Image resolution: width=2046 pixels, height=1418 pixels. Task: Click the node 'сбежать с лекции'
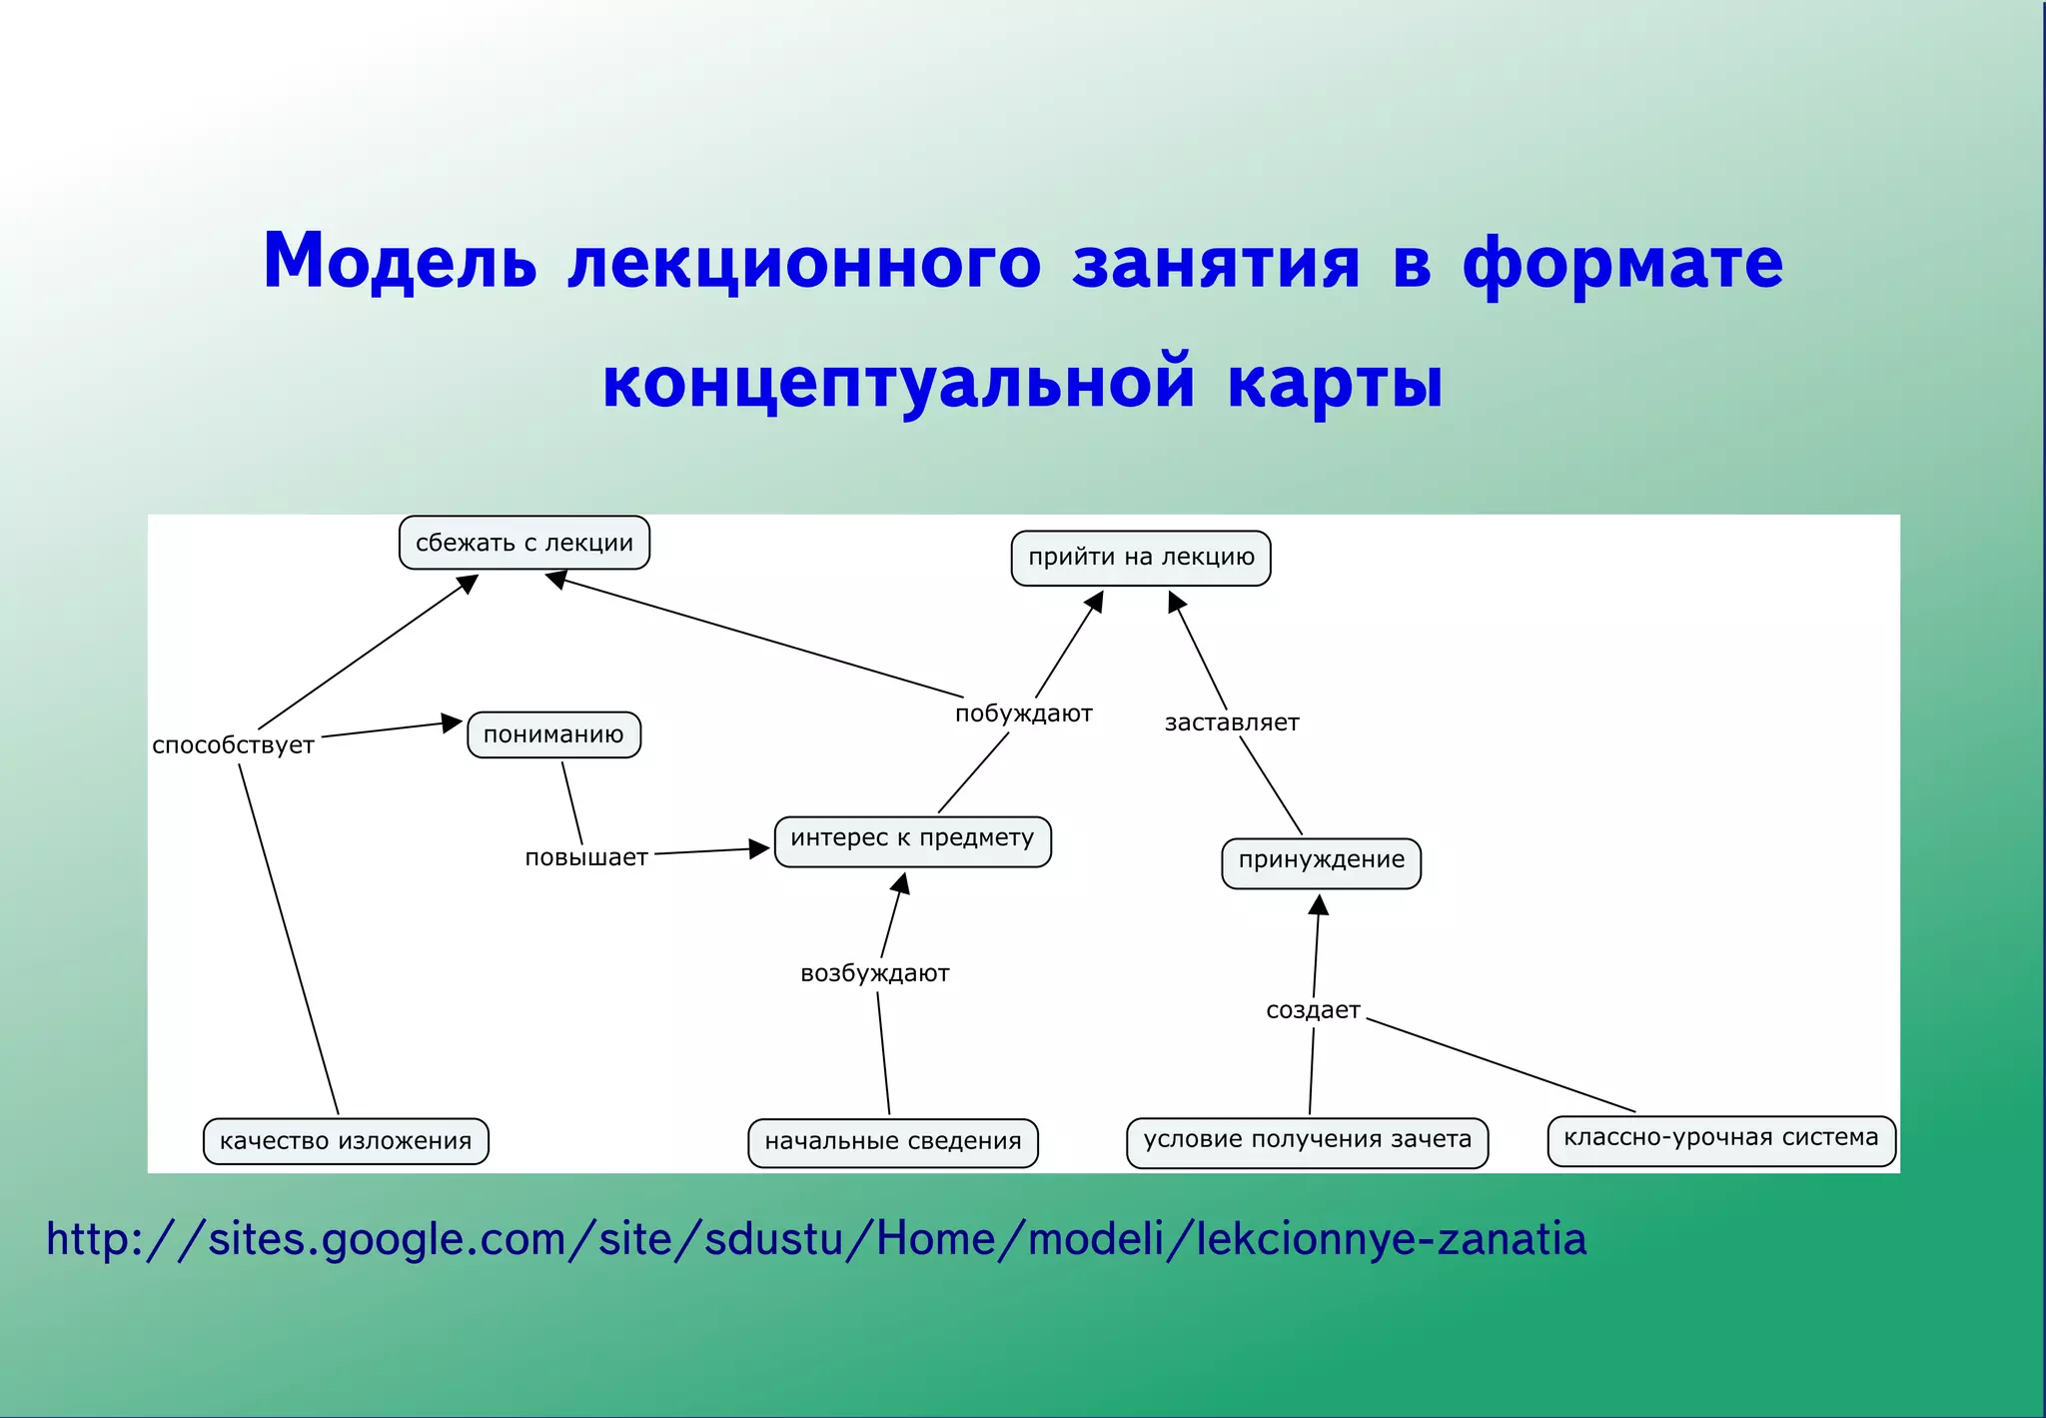[523, 543]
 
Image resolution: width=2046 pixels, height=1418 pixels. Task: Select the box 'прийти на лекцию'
[1140, 558]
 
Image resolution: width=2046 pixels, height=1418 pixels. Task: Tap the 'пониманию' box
[553, 734]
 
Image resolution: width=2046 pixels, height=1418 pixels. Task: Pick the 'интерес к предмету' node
[912, 839]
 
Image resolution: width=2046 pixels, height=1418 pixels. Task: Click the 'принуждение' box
[1321, 861]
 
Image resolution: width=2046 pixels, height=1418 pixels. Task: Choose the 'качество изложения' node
[346, 1141]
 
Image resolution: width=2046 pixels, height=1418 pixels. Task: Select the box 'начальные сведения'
[892, 1141]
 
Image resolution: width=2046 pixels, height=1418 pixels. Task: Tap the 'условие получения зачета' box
[1307, 1140]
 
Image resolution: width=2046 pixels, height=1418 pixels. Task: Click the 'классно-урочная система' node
[1720, 1139]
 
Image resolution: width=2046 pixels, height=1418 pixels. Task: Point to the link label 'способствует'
[233, 745]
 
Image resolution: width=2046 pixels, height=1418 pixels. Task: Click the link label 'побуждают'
[1023, 713]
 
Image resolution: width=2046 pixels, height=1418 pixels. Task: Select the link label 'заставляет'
[1231, 722]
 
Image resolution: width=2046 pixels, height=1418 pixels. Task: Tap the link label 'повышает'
[586, 857]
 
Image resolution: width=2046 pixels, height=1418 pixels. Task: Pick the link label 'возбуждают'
[874, 973]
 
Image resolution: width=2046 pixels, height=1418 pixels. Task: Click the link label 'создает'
[1313, 1010]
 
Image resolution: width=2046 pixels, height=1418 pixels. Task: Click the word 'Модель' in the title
[400, 262]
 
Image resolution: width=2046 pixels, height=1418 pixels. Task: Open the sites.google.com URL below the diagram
[815, 1239]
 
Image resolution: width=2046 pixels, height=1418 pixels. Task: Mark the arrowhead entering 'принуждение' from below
[1319, 904]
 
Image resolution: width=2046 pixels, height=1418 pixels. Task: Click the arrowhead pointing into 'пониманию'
[453, 723]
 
